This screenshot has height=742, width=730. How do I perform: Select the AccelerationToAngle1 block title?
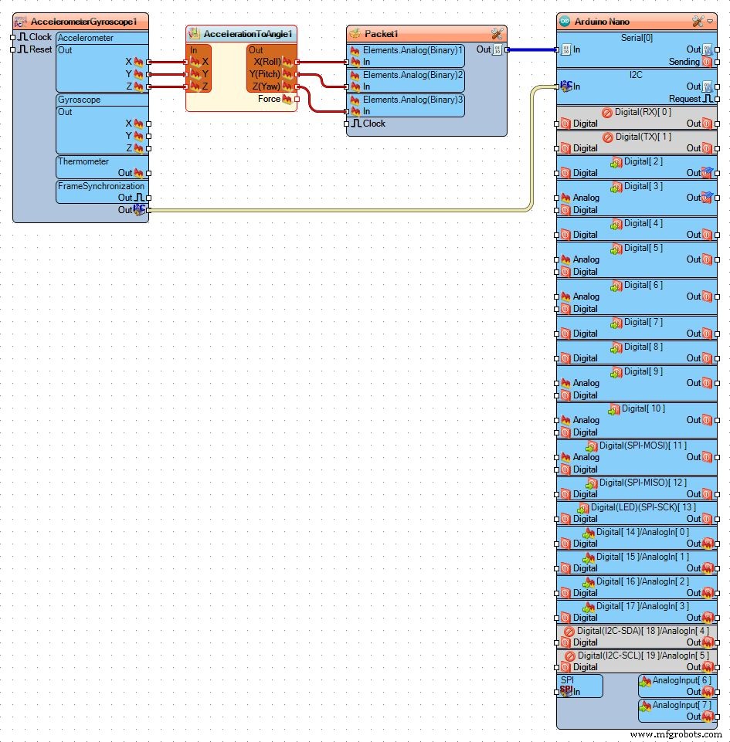tap(248, 34)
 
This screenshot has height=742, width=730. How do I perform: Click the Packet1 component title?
tap(382, 34)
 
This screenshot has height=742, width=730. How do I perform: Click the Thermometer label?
tap(83, 161)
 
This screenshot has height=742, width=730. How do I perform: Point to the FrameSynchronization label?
tap(100, 186)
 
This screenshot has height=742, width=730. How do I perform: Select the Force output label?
tap(269, 99)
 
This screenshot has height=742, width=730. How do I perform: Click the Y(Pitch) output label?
tap(264, 74)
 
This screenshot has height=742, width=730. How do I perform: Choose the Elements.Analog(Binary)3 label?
tap(413, 100)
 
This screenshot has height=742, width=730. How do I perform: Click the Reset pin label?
tap(41, 49)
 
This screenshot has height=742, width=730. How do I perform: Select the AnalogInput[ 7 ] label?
tap(681, 705)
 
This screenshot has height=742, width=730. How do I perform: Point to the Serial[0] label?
tap(637, 37)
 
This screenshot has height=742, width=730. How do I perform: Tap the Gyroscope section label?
tap(80, 100)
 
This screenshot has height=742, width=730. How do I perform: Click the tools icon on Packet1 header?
tap(497, 34)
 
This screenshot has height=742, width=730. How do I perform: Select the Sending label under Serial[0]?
tap(684, 62)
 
